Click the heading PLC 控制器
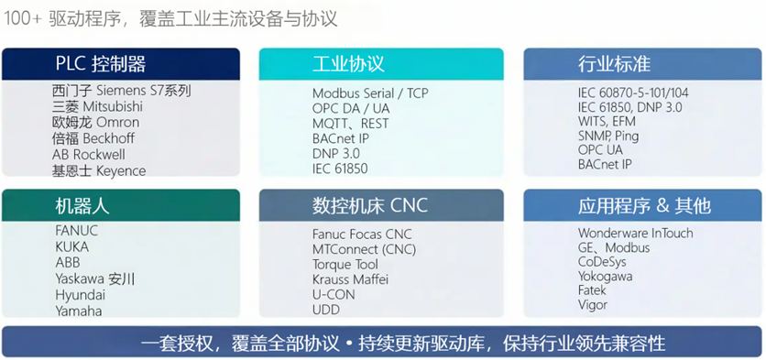100,64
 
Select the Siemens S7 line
122,91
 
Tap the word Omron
117,122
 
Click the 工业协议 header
348,64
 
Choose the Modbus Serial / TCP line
370,93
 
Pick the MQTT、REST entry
350,124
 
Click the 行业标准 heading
614,64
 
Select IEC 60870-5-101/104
633,93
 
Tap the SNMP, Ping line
608,136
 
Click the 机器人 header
82,206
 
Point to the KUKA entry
71,246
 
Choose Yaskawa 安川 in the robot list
94,279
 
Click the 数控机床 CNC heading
370,205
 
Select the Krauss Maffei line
350,279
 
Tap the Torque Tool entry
345,265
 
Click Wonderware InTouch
636,233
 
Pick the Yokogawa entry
606,277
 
